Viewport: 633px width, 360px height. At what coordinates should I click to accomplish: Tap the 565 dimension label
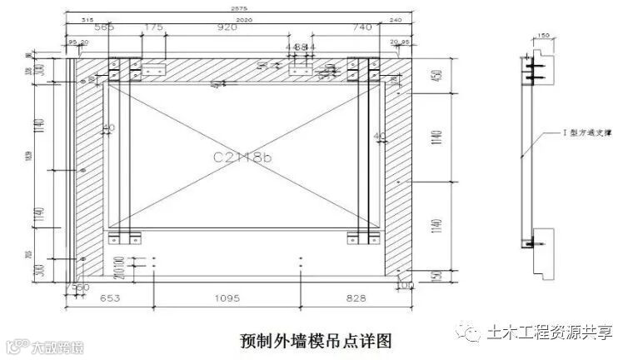[105, 27]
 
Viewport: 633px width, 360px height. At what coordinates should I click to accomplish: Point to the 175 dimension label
[153, 27]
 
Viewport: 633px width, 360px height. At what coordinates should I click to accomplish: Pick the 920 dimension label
[227, 27]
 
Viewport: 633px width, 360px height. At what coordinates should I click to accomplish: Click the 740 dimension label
[361, 27]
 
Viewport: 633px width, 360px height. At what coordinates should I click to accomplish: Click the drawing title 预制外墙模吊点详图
[316, 340]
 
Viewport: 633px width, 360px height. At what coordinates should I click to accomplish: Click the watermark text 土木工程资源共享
[551, 332]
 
